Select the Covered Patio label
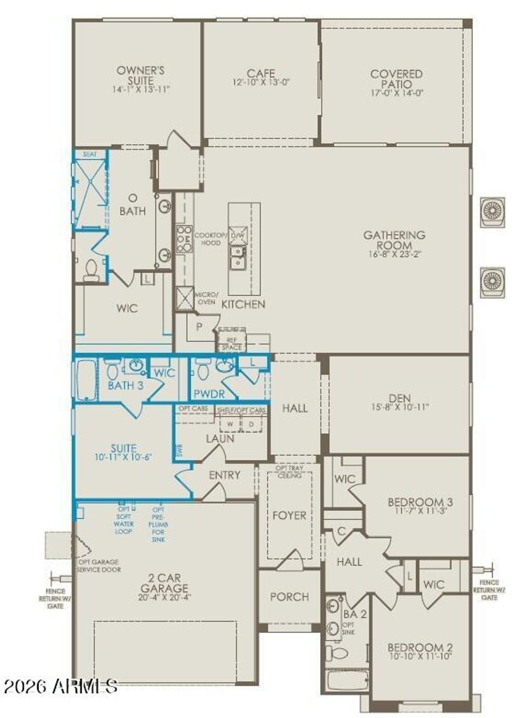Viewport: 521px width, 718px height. [396, 78]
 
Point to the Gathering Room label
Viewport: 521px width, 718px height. [394, 239]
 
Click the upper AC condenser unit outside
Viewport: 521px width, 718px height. [493, 211]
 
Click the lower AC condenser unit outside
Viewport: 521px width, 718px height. [493, 281]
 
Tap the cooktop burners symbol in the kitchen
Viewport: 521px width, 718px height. [184, 239]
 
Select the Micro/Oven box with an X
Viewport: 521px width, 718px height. [185, 298]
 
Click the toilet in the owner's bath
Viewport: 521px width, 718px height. [92, 270]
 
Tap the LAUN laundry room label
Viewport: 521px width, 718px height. [220, 438]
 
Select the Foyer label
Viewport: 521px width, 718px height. [289, 515]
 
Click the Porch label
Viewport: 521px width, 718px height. [289, 597]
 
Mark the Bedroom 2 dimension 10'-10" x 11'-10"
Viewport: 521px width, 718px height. [420, 656]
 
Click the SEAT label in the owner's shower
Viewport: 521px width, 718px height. [90, 154]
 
